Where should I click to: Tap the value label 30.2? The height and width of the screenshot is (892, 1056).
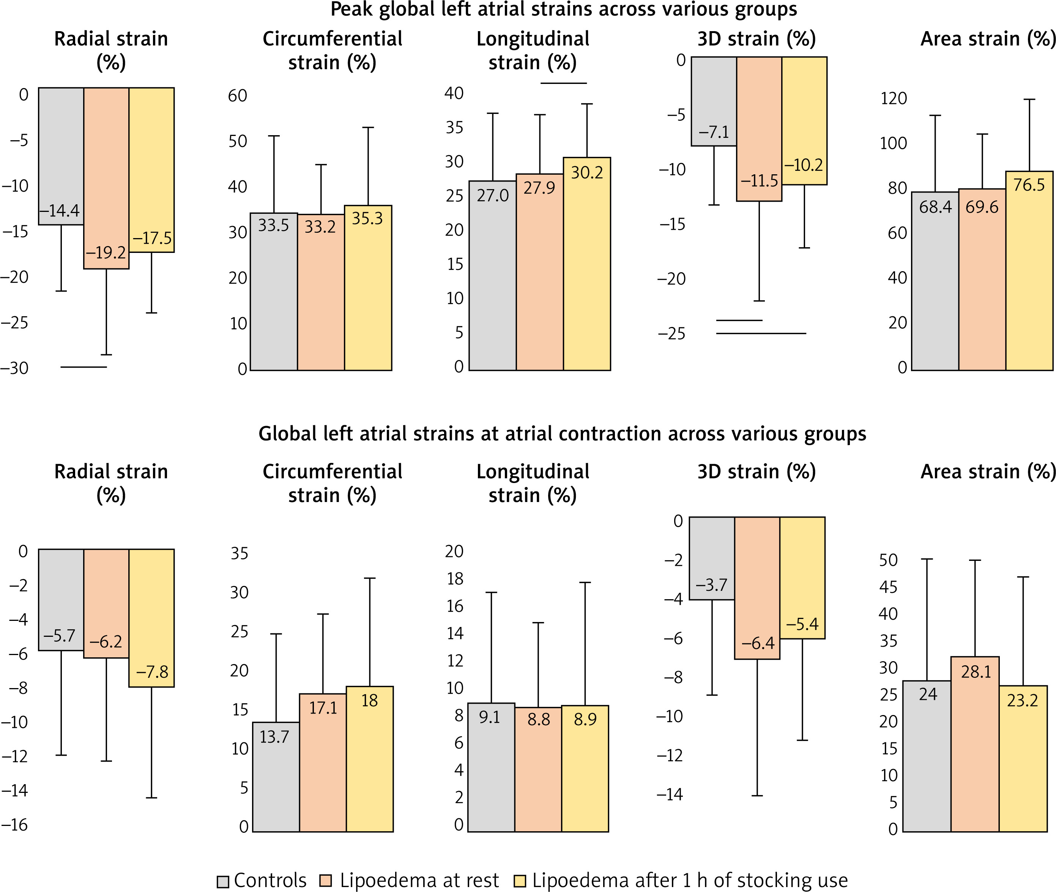[x=587, y=173]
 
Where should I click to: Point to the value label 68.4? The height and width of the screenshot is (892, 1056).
[x=935, y=207]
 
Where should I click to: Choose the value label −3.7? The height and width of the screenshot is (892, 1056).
[x=711, y=585]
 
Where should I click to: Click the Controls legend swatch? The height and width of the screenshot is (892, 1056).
[x=223, y=881]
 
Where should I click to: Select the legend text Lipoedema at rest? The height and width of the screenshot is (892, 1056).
[x=419, y=880]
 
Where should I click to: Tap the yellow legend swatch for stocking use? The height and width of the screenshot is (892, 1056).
[x=520, y=881]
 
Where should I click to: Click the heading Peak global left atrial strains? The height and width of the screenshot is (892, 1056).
[x=564, y=9]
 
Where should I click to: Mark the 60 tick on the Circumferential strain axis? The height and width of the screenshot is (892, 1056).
[x=237, y=96]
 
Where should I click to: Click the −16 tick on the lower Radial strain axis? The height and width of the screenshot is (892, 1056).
[x=15, y=825]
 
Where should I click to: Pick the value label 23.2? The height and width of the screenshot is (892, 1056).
[x=1022, y=700]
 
